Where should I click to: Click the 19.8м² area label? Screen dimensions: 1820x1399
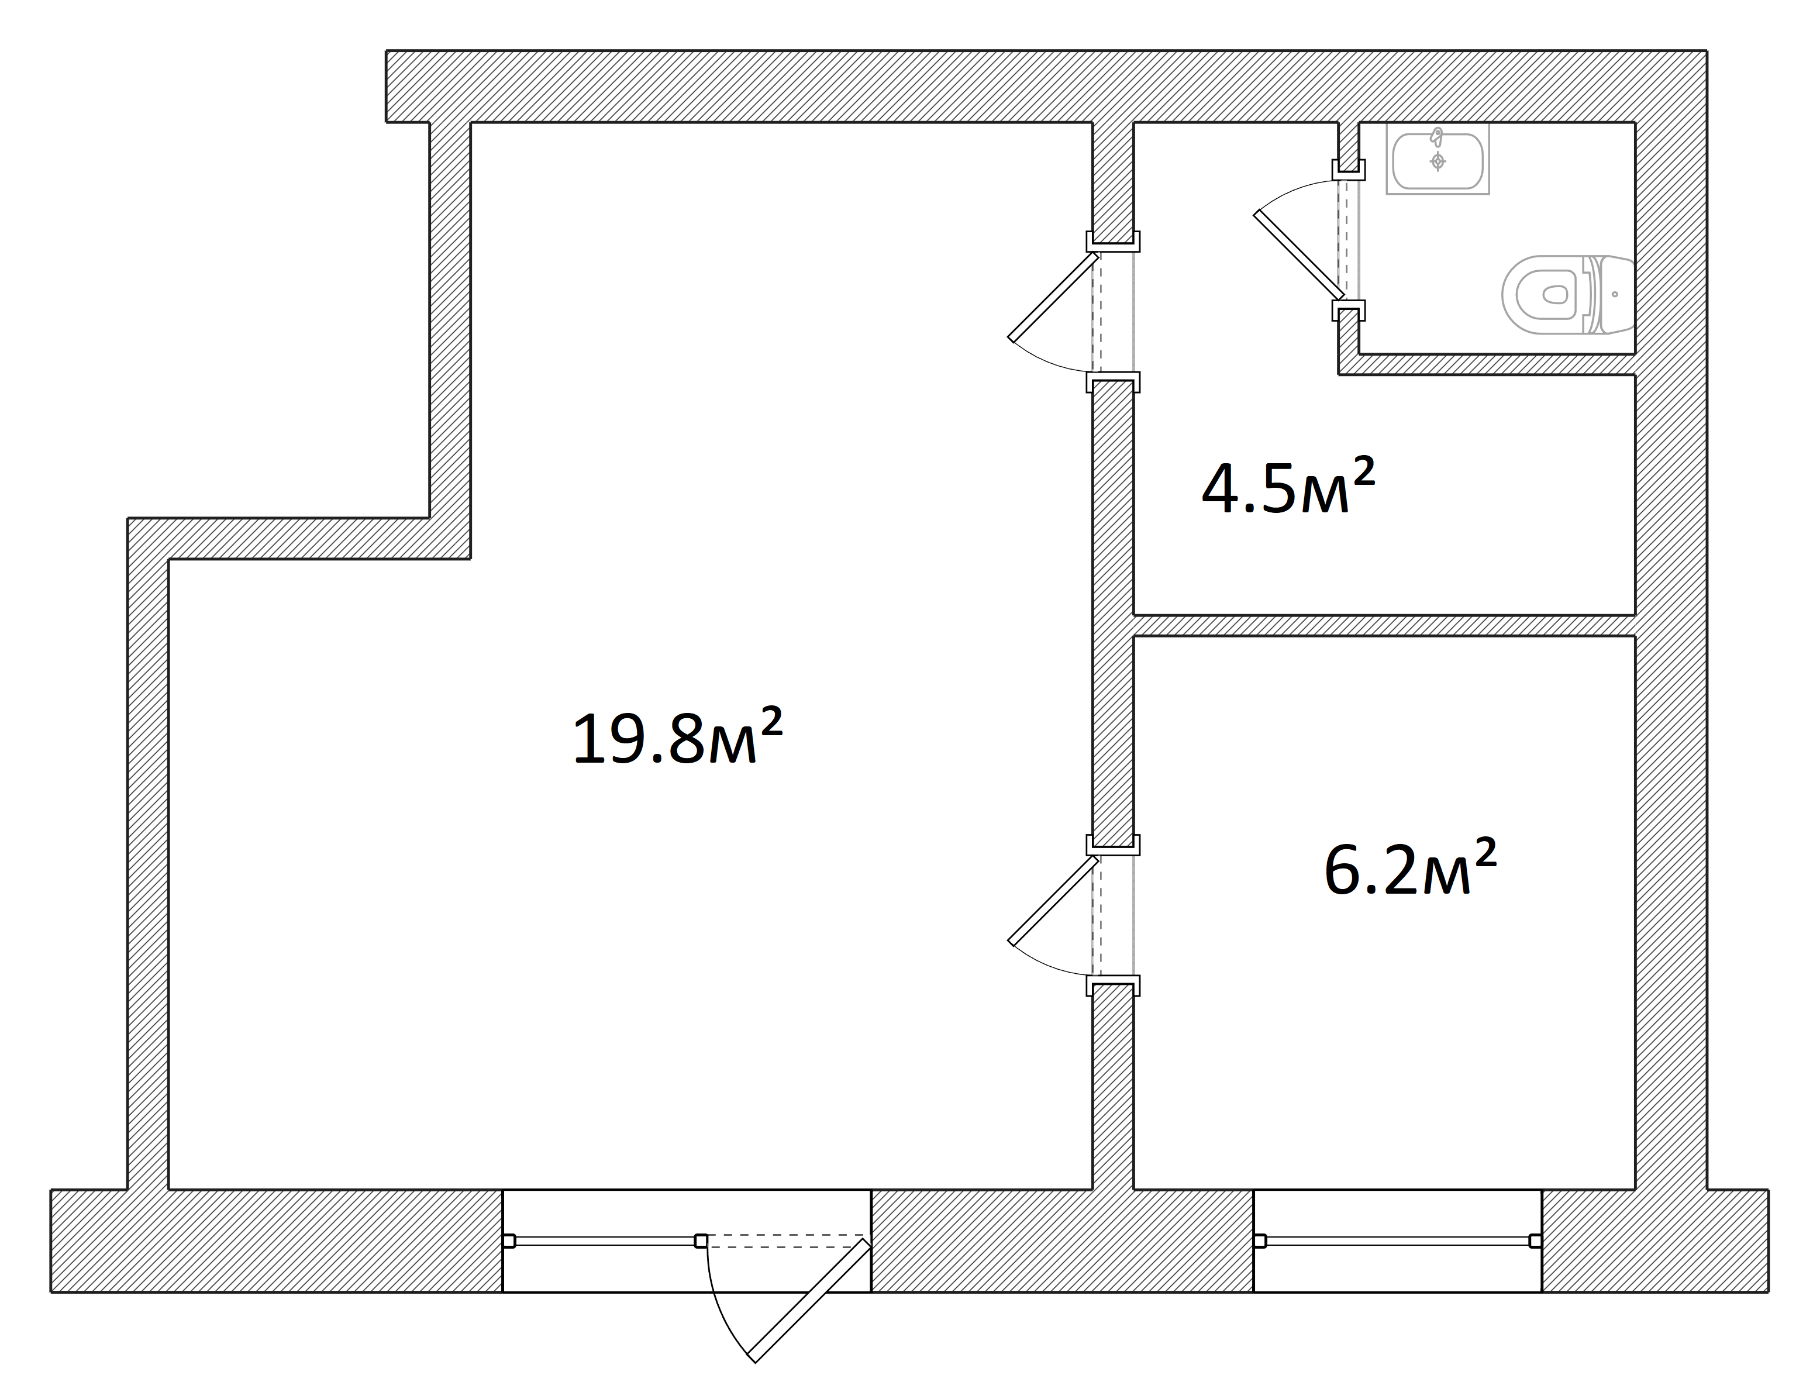point(677,736)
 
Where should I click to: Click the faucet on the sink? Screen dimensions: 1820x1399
point(1436,137)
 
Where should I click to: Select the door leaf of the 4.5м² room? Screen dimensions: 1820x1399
point(1053,297)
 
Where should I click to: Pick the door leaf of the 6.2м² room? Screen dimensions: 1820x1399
point(1053,901)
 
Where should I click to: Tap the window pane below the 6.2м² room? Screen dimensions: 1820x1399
point(1397,1241)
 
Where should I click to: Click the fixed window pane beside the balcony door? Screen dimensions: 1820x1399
point(605,1241)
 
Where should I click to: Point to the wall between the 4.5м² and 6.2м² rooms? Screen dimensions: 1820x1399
point(1384,625)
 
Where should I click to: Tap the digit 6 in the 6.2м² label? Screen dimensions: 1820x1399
point(1342,869)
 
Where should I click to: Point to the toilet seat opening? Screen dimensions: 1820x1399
point(1554,295)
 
